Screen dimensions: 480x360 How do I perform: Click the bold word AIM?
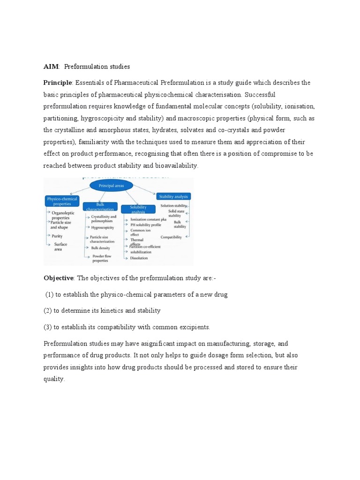[x=51, y=67]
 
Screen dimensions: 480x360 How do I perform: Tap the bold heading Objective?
[x=59, y=278]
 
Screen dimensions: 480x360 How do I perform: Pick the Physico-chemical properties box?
[x=62, y=201]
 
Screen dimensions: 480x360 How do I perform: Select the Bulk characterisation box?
[x=100, y=206]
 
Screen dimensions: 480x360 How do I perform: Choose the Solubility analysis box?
[x=138, y=209]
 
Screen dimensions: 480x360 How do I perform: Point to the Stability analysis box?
[x=174, y=196]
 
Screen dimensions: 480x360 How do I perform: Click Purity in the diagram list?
[x=57, y=236]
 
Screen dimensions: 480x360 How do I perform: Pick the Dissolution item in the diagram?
[x=139, y=258]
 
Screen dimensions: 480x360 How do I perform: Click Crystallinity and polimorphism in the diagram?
[x=104, y=219]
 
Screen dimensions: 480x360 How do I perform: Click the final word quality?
[x=53, y=379]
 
